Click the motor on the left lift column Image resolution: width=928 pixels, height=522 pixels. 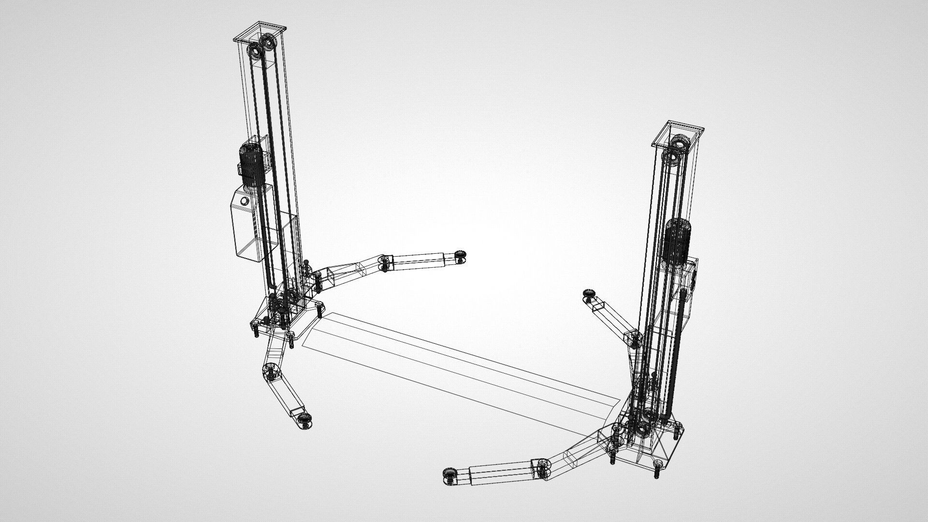pyautogui.click(x=251, y=164)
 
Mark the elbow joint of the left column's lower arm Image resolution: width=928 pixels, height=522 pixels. pyautogui.click(x=270, y=370)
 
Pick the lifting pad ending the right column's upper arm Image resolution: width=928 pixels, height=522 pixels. pyautogui.click(x=589, y=294)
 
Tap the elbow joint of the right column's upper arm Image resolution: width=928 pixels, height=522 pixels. pyautogui.click(x=634, y=338)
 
